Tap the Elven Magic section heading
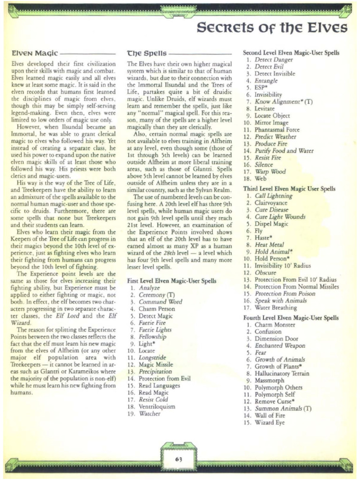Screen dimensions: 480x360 click(x=32, y=54)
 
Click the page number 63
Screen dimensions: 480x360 click(x=178, y=459)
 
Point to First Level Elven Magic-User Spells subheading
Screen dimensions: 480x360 click(x=172, y=281)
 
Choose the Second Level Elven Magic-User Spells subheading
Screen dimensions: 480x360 click(x=291, y=53)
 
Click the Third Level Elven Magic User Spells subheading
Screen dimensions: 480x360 click(x=289, y=188)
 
